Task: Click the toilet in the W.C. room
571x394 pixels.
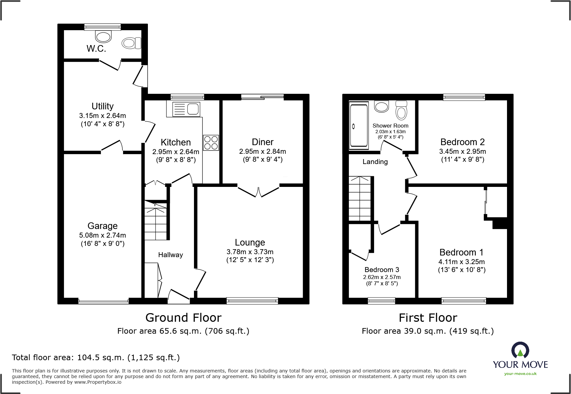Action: (x=131, y=43)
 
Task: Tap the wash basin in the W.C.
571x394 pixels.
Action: (x=103, y=36)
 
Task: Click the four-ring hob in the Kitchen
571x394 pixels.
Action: (x=211, y=143)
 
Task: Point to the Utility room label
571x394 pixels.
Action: (x=102, y=106)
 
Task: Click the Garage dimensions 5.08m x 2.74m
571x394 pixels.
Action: (x=102, y=235)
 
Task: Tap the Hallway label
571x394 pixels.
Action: (x=170, y=255)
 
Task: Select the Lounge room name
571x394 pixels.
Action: (x=250, y=242)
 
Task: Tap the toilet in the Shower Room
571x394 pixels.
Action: (x=401, y=111)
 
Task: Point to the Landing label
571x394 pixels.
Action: (x=375, y=162)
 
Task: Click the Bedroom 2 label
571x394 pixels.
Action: (x=462, y=142)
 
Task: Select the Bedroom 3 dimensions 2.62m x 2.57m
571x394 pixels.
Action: (x=382, y=277)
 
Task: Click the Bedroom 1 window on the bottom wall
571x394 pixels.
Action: (x=464, y=301)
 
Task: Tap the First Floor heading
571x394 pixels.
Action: (x=428, y=318)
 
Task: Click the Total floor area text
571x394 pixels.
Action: (x=96, y=358)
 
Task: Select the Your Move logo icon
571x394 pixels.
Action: (x=520, y=350)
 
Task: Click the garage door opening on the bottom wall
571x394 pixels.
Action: (x=103, y=301)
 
